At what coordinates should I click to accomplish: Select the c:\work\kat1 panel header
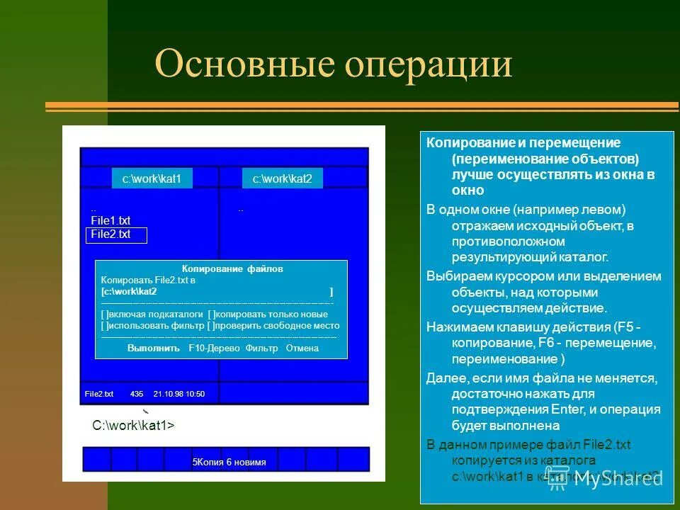[x=152, y=179]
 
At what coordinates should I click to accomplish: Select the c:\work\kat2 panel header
[x=283, y=179]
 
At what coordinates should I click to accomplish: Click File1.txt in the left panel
[x=110, y=220]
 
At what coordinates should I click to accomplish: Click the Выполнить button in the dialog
[x=153, y=348]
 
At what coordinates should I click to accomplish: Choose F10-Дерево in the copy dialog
[x=215, y=348]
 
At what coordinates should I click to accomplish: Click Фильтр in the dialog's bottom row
[x=261, y=348]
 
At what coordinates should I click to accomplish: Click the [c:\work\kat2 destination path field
[x=130, y=291]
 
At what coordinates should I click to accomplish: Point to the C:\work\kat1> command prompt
[x=133, y=426]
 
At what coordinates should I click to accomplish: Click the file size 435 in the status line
[x=137, y=394]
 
